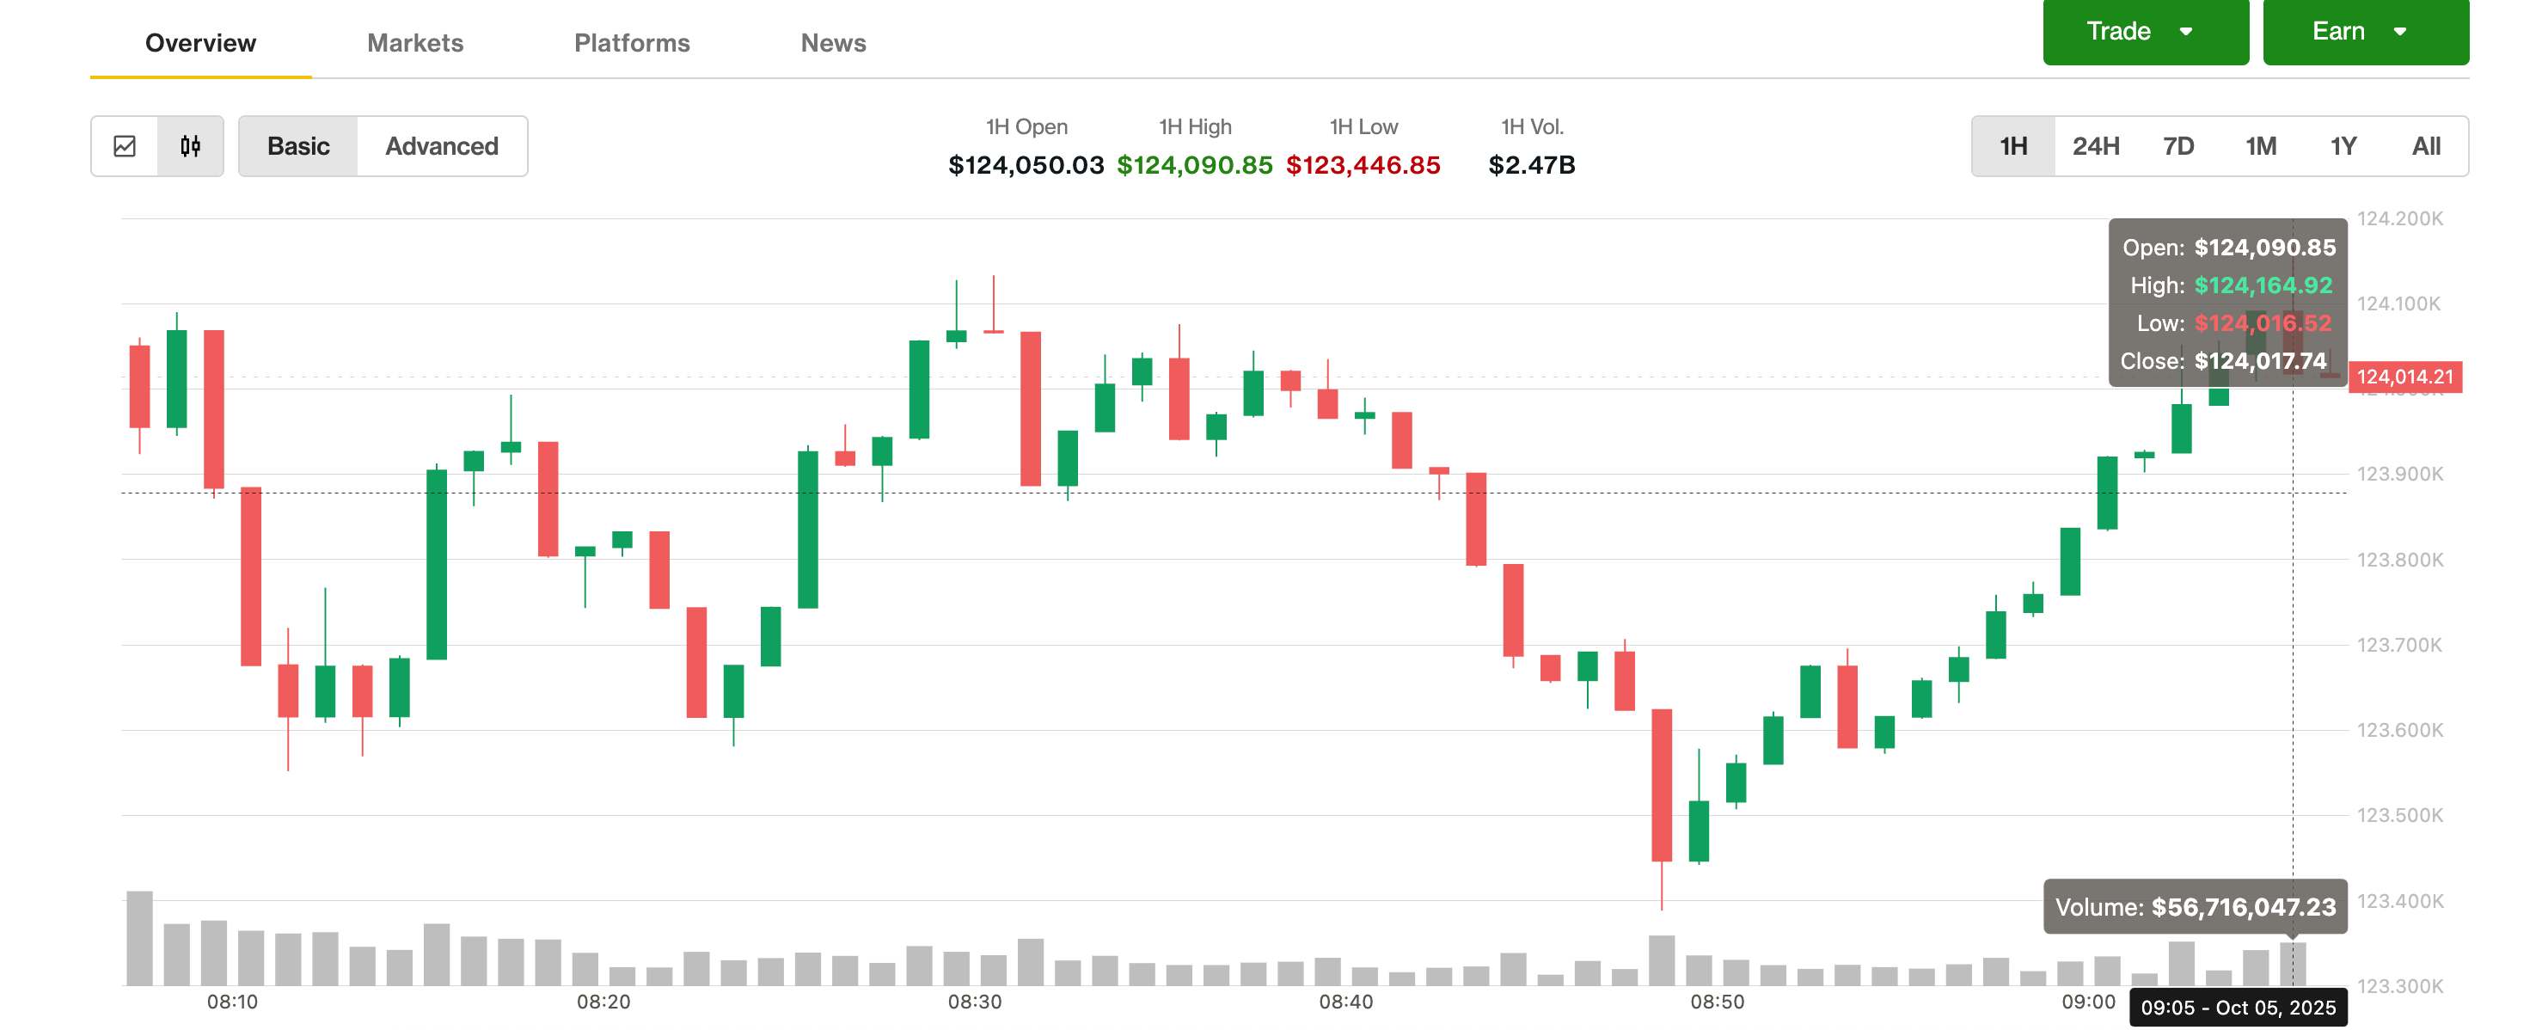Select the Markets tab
[414, 42]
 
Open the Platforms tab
[631, 42]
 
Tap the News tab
[833, 42]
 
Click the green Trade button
[2145, 32]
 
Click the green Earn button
[2364, 32]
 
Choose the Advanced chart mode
[441, 146]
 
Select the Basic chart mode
[297, 146]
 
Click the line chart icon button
[125, 146]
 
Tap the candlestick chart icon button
[190, 146]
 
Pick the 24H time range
[2095, 146]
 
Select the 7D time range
[2178, 146]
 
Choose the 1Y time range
[2343, 146]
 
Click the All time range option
[2425, 146]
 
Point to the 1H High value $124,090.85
[1194, 165]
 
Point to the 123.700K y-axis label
[2398, 645]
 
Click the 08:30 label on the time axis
[974, 1002]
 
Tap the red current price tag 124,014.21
[2404, 377]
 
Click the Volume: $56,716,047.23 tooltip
[2194, 907]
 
